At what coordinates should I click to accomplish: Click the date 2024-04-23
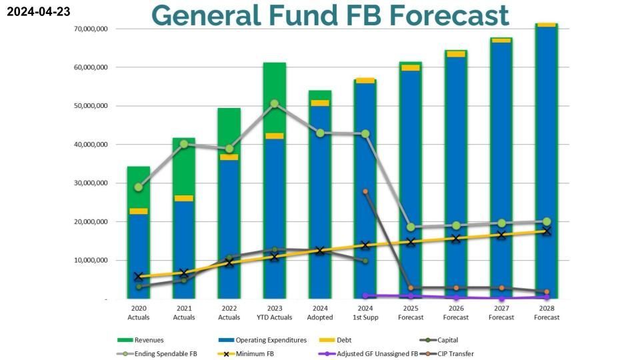coord(38,11)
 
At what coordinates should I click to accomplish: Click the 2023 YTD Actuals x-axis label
coord(275,313)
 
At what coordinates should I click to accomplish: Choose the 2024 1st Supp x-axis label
coord(365,313)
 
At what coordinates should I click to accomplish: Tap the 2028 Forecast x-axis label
coord(547,313)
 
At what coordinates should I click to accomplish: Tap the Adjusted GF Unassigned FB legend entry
coord(377,353)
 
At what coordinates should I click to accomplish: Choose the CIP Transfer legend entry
coord(454,353)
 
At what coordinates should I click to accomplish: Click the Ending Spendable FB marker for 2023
coord(275,104)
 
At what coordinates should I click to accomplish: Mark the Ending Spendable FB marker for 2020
coord(139,187)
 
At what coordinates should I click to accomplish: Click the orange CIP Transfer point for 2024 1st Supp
coord(365,191)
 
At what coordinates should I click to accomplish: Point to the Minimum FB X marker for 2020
coord(139,276)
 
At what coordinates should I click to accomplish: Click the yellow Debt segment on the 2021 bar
coord(184,198)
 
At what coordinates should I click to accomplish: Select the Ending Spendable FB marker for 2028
coord(547,221)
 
